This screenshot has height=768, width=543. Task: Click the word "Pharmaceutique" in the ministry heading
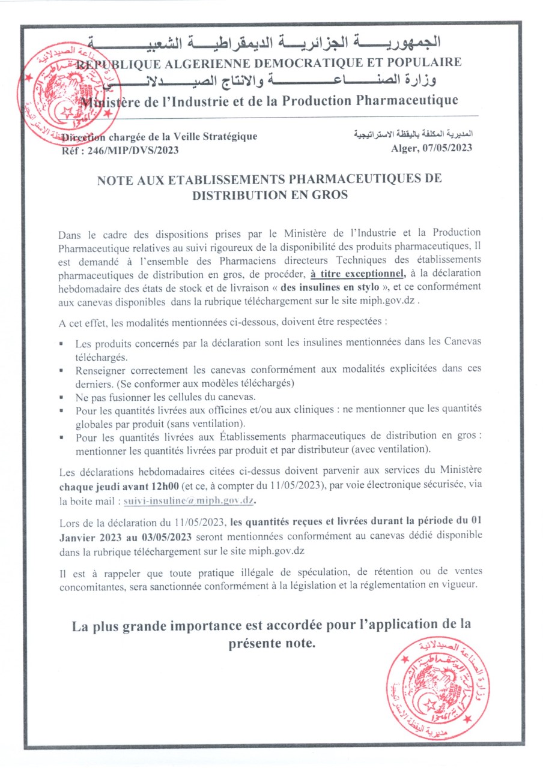tap(407, 100)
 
